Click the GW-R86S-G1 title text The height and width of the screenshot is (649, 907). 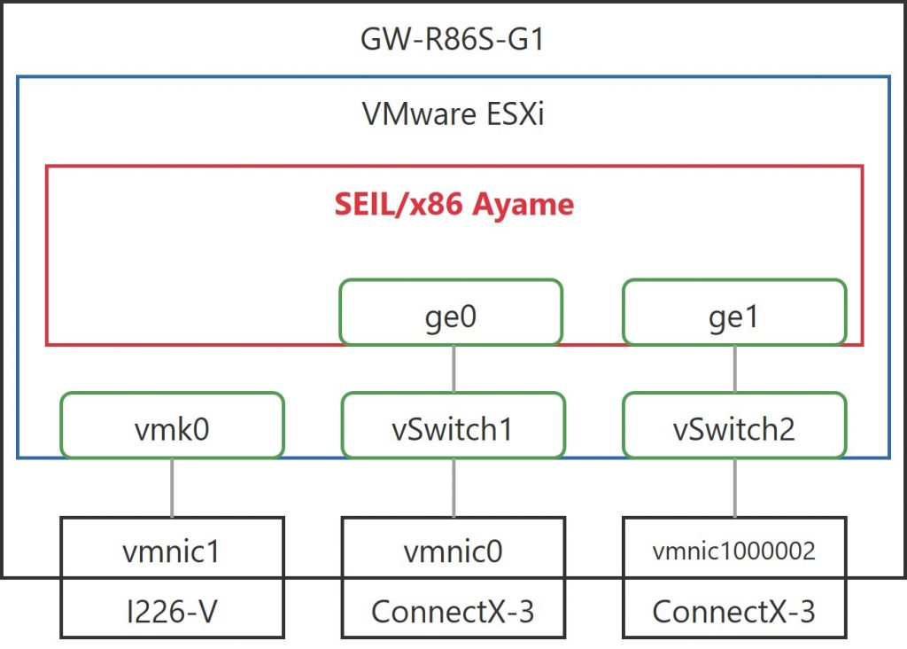[x=453, y=39]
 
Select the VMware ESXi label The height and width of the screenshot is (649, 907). [x=453, y=114]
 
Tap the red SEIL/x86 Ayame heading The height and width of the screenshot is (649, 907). [x=453, y=205]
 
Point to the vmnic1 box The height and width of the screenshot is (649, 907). [x=172, y=551]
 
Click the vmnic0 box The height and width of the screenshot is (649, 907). [x=453, y=551]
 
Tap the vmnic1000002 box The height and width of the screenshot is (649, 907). [x=734, y=551]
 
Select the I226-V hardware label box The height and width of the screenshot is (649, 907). [x=172, y=610]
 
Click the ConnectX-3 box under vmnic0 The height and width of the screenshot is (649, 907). [x=453, y=610]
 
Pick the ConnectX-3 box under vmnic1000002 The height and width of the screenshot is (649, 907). [x=734, y=610]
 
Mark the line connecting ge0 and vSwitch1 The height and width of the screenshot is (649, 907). [x=453, y=369]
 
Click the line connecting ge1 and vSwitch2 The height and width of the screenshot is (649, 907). [x=734, y=369]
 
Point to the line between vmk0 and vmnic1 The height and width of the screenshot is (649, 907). [x=172, y=488]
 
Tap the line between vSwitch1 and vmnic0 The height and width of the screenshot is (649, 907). [x=453, y=488]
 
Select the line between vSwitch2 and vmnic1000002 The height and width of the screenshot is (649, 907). [x=734, y=488]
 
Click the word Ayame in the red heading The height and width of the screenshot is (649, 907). [x=523, y=206]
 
